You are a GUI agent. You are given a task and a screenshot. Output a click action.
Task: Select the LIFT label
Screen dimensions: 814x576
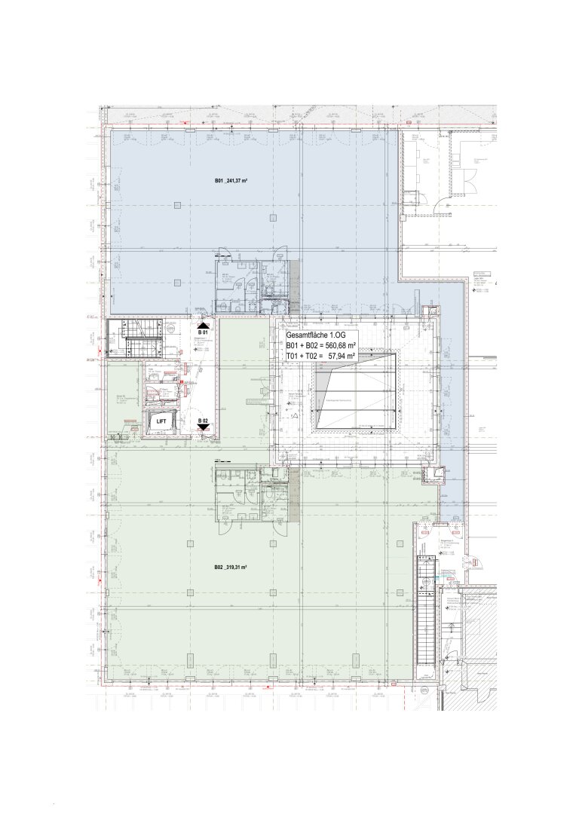point(161,424)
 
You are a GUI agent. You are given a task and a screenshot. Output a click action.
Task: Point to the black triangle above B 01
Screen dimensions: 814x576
point(202,323)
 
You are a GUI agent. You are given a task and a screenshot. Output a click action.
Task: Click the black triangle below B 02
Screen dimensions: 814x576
point(203,427)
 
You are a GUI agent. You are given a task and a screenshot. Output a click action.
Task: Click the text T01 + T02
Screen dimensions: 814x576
point(303,361)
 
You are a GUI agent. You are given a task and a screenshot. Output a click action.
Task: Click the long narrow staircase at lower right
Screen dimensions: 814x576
point(425,610)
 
